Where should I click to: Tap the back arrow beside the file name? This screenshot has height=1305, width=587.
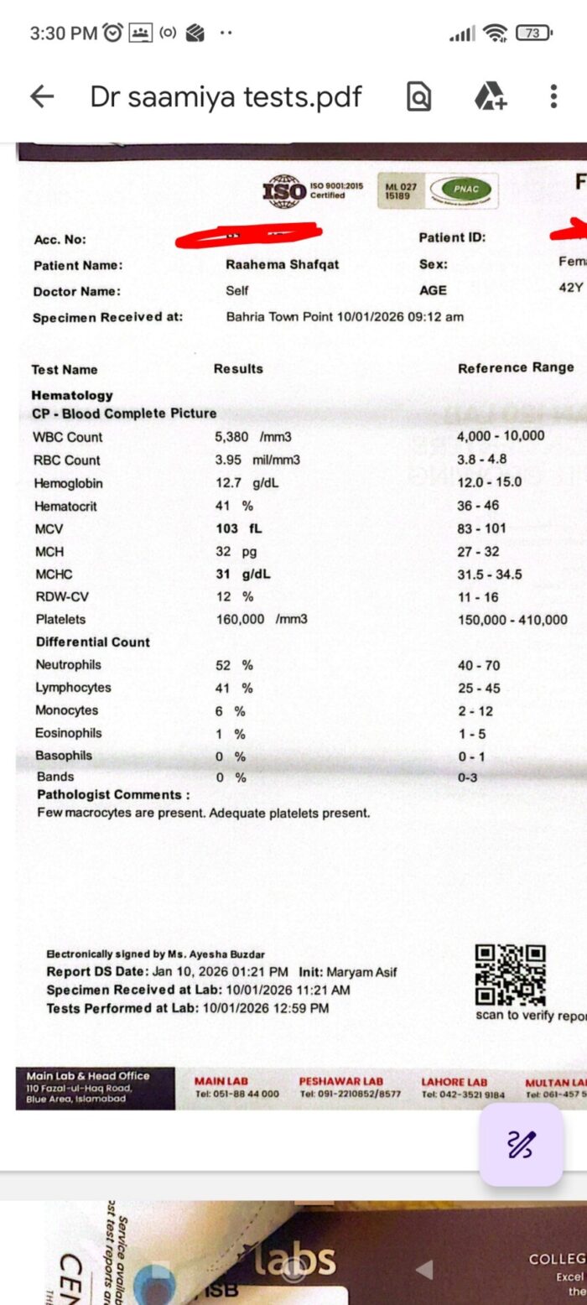(42, 97)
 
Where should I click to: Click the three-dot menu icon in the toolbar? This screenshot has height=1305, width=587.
(553, 96)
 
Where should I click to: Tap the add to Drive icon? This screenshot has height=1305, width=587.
(490, 97)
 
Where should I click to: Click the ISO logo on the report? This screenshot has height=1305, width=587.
(285, 192)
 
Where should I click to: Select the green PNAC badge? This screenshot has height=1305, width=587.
(460, 190)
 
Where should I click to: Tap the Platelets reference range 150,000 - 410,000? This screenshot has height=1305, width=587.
(512, 621)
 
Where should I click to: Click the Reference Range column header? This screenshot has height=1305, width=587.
(516, 367)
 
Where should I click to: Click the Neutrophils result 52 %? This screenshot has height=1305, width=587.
(234, 665)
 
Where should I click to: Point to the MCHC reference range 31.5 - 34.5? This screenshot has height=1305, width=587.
(490, 575)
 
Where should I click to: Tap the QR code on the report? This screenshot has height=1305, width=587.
(510, 975)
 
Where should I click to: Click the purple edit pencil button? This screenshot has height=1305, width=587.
(521, 1144)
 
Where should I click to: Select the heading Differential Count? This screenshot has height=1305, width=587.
(92, 642)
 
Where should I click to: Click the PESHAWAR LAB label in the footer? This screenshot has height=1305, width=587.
(340, 1082)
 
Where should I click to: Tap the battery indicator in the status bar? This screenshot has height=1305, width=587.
(534, 34)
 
